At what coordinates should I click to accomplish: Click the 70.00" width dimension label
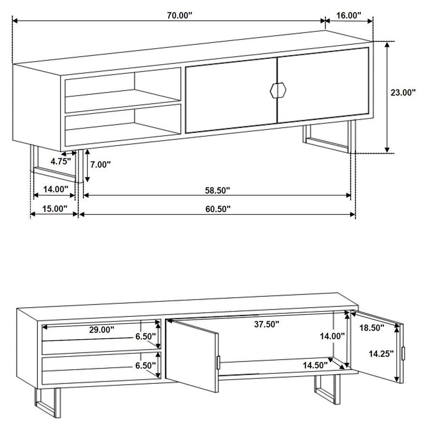[x=179, y=15]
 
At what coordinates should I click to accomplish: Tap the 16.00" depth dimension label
[x=349, y=15]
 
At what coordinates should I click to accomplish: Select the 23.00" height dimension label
[x=403, y=93]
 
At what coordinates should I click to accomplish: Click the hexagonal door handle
[x=277, y=90]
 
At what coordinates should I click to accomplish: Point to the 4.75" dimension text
[x=60, y=161]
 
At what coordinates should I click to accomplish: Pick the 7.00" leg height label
[x=100, y=165]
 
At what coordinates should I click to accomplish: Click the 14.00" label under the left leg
[x=56, y=189]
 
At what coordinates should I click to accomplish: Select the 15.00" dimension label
[x=54, y=208]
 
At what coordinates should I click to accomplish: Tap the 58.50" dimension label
[x=217, y=190]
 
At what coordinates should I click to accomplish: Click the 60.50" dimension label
[x=218, y=208]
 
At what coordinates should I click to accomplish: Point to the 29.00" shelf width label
[x=101, y=329]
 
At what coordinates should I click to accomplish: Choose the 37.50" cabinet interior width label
[x=266, y=324]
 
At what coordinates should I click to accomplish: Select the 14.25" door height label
[x=382, y=353]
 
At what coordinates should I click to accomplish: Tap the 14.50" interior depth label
[x=315, y=365]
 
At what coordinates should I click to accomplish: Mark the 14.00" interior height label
[x=332, y=336]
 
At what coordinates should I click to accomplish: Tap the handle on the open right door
[x=403, y=353]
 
